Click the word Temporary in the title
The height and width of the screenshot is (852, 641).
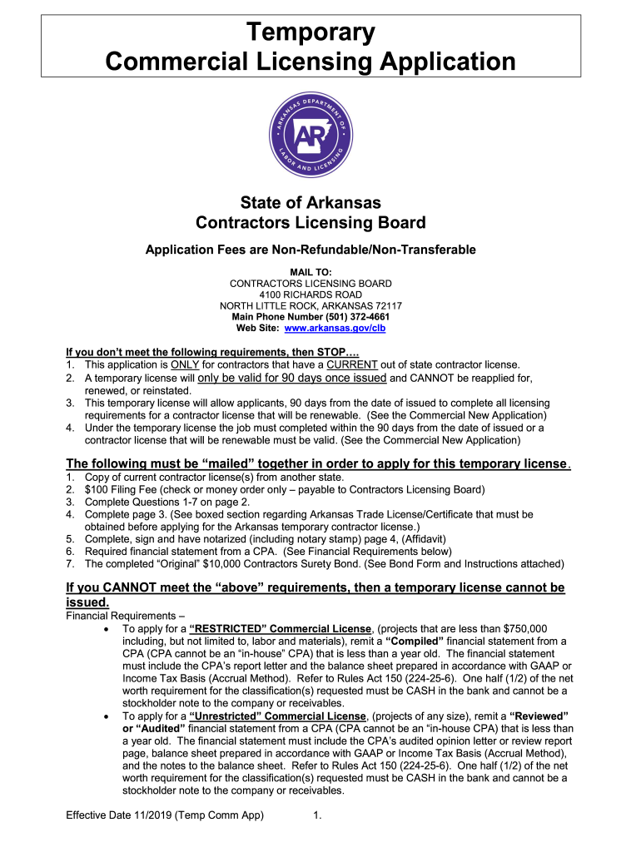pos(311,33)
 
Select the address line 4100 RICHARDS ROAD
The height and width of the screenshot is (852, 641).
pos(311,295)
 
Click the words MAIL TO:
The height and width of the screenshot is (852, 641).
pos(311,272)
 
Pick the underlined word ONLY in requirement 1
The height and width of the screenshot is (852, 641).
pos(184,365)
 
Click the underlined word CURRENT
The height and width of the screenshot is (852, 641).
pos(352,365)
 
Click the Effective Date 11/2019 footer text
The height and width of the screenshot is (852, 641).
pos(165,815)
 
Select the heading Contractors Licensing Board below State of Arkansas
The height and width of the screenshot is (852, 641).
pos(311,223)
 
